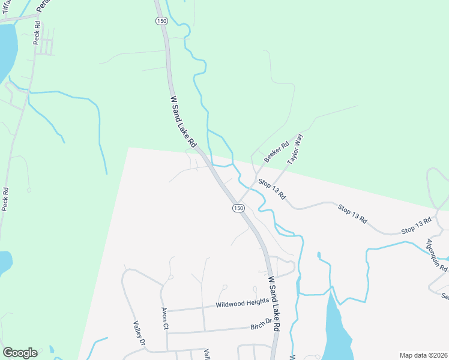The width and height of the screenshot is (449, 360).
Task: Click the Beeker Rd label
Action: [276, 152]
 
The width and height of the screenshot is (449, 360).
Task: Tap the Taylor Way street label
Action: [295, 148]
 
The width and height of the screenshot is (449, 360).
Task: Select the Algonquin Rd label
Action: [437, 256]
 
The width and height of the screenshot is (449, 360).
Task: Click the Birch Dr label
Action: [265, 326]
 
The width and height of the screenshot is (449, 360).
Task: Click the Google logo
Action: [20, 353]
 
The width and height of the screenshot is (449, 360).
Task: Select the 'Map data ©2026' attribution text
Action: [424, 355]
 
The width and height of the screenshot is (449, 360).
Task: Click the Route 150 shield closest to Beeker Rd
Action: [238, 208]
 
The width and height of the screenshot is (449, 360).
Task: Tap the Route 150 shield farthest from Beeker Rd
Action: [161, 20]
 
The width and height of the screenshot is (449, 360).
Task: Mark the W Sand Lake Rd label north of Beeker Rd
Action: [183, 122]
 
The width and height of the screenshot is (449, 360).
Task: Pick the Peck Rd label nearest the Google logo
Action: [5, 199]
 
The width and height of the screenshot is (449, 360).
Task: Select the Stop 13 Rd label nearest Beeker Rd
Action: [272, 188]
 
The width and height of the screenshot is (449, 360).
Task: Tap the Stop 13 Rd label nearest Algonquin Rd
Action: [417, 226]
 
